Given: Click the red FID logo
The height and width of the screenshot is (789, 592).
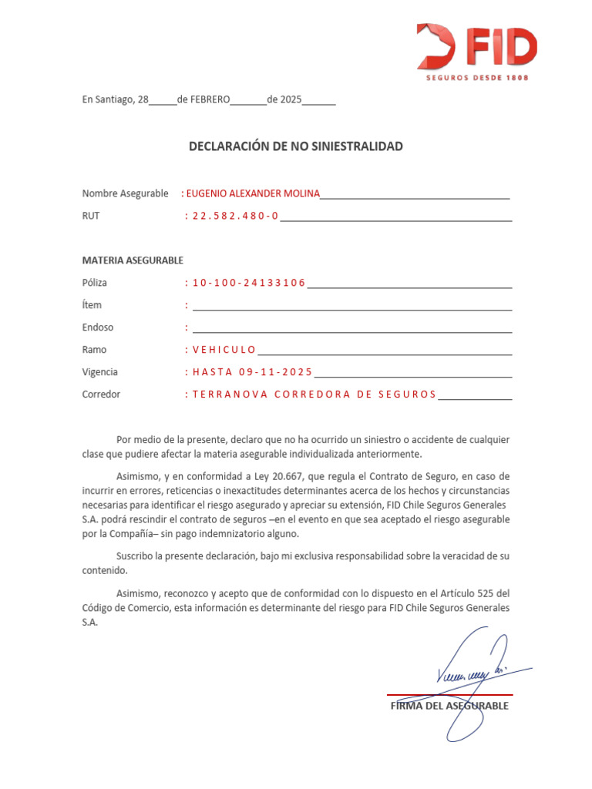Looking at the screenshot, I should coord(476,45).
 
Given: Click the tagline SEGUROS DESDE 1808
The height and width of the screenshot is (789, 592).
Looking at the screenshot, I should coord(478,78).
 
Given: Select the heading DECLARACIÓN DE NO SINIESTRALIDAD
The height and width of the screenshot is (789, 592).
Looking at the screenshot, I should coord(296,146).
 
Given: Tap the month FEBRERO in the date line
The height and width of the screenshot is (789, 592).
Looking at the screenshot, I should coord(203,100).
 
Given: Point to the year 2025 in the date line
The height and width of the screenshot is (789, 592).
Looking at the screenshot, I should coord(291,100).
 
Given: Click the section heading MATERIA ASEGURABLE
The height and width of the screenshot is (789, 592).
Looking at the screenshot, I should coord(133,260).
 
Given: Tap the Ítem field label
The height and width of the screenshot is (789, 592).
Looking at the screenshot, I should coord(92,305).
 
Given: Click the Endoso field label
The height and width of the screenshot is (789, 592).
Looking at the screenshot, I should coord(98,327).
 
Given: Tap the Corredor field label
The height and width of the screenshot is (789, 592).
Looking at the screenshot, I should coord(101,394).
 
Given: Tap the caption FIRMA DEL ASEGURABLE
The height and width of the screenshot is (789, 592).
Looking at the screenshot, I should coord(449,706).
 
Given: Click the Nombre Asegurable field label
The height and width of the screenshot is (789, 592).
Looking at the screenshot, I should coord(125,193).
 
